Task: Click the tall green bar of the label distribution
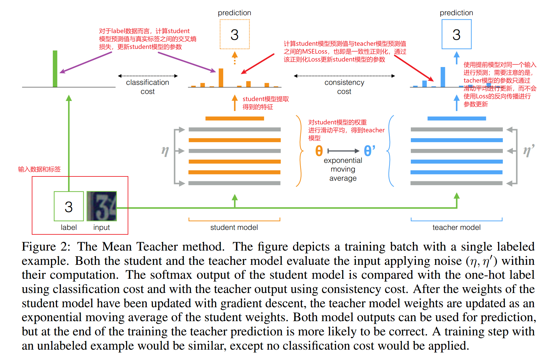pos(55,69)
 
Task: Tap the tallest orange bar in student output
pos(221,78)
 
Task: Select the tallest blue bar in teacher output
pos(443,77)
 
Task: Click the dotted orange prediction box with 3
pos(235,34)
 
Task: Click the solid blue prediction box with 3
pos(457,34)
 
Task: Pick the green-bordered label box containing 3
pos(69,206)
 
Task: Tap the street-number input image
pos(102,206)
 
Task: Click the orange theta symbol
pos(319,151)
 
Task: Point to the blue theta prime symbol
pos(369,151)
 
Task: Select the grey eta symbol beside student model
pos(165,151)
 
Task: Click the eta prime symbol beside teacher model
pos(528,151)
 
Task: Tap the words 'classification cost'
pos(147,87)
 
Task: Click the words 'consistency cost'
pos(344,87)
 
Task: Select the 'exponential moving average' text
pos(343,169)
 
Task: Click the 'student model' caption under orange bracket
pos(234,227)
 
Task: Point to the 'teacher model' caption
pos(456,227)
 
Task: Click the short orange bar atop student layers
pos(235,118)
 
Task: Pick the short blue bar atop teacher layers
pos(457,118)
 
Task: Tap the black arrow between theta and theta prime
pos(343,151)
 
